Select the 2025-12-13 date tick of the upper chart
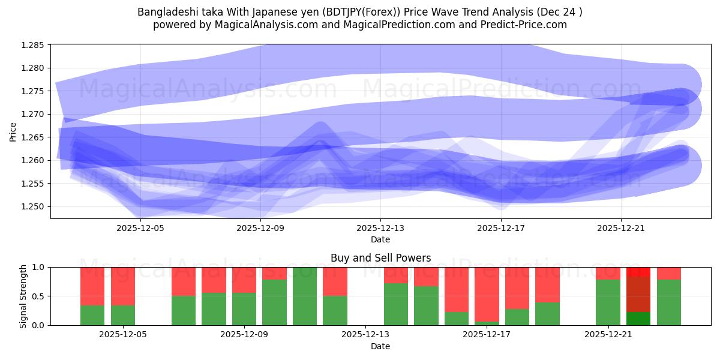pos(380,228)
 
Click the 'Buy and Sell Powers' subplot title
pos(380,258)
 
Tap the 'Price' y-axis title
pos(13,131)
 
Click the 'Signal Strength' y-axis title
pos(23,296)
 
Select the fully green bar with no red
pos(305,296)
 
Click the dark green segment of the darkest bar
pos(638,319)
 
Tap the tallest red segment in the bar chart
pos(487,295)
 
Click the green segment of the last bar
pos(669,302)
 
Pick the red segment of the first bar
pos(92,286)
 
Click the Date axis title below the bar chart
pos(380,346)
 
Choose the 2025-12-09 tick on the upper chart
pos(260,228)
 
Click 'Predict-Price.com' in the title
pos(529,25)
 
